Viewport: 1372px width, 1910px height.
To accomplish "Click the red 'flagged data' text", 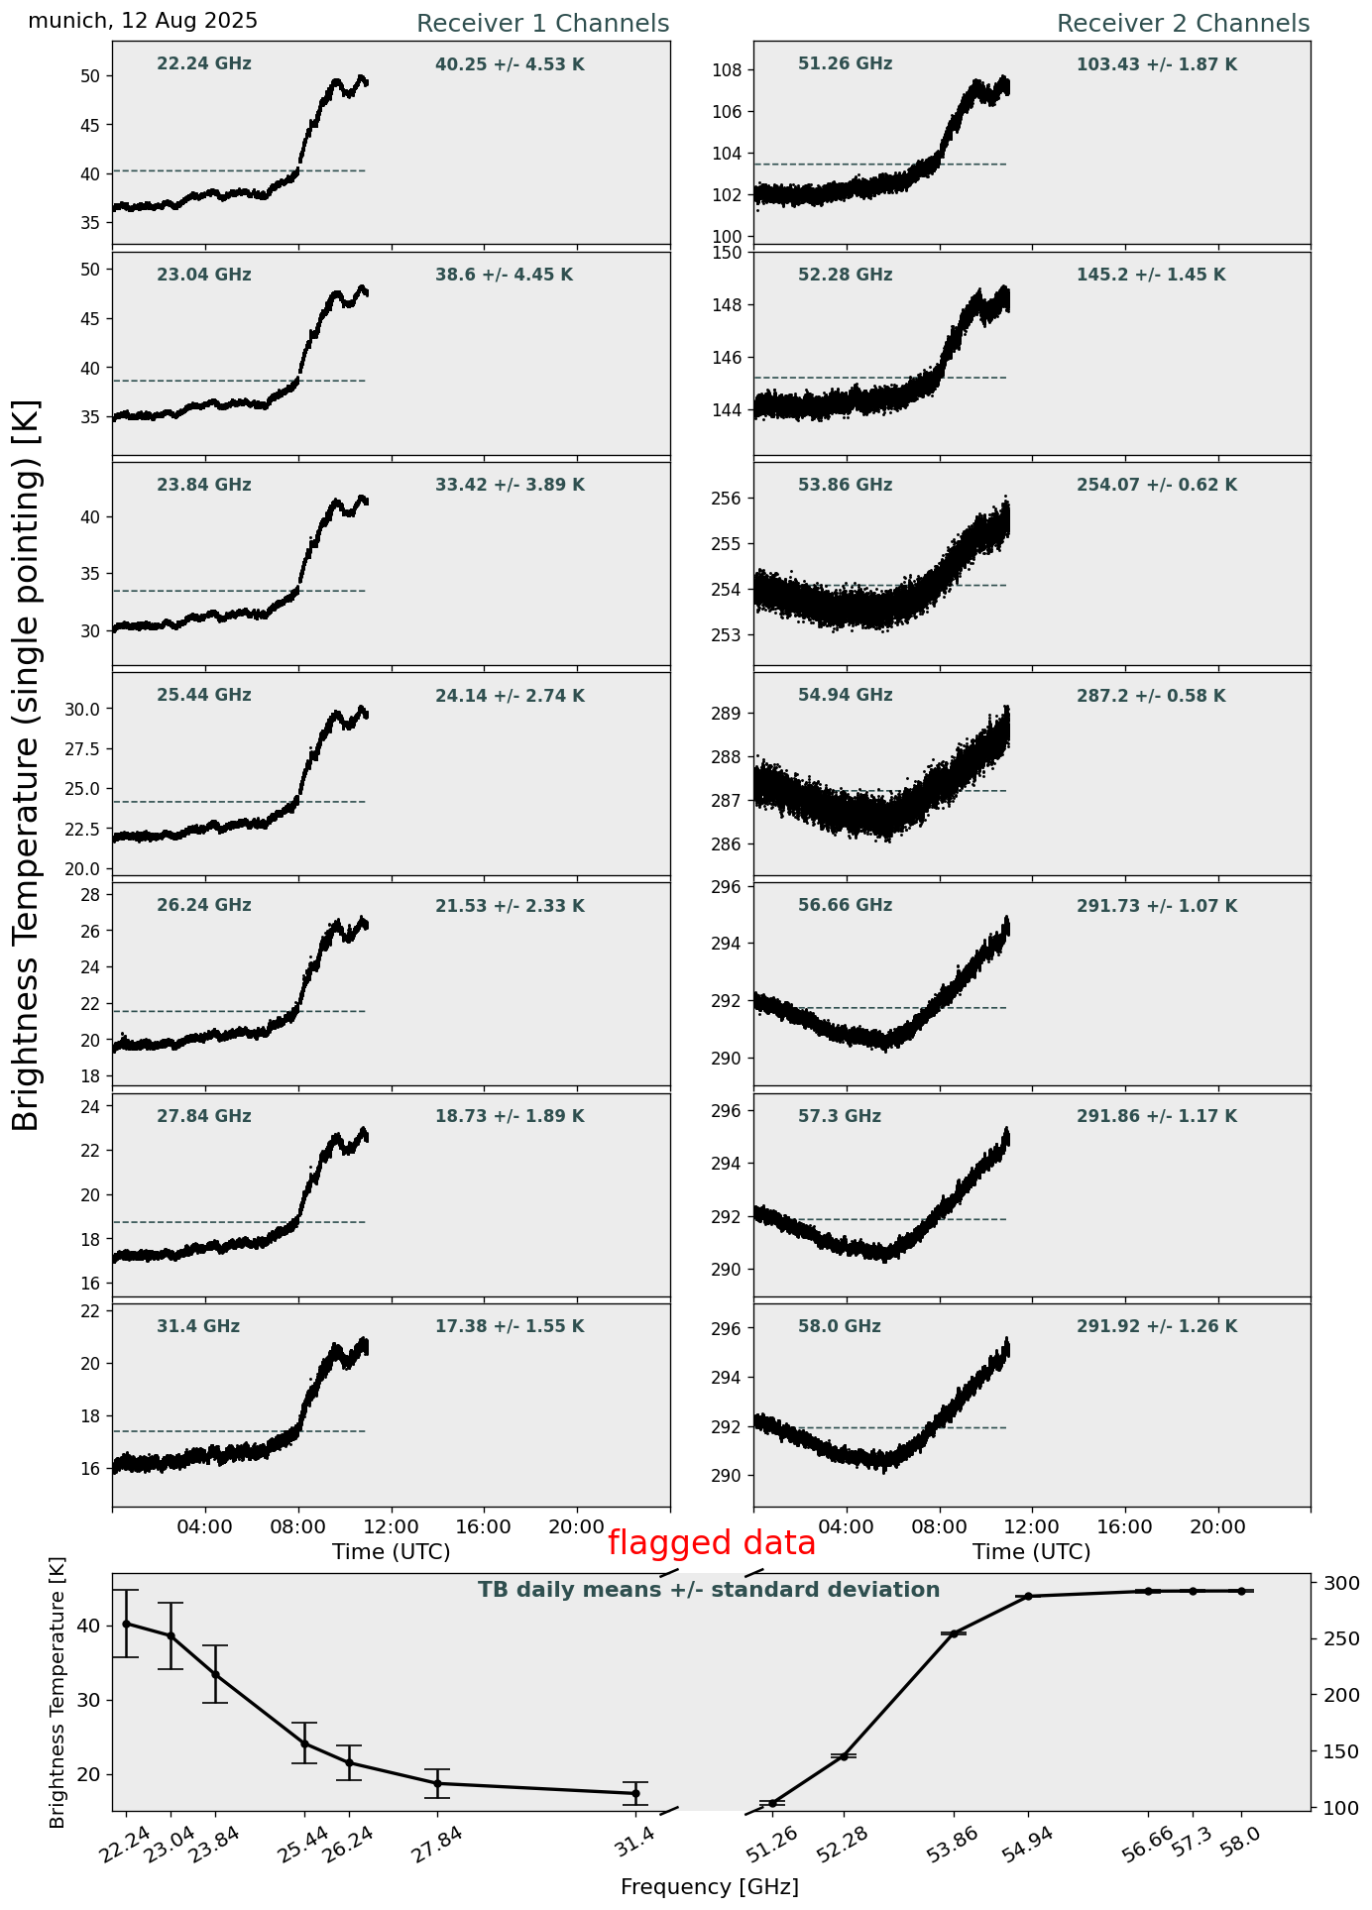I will click(x=711, y=1543).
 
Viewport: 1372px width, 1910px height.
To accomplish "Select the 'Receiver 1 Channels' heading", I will click(x=542, y=24).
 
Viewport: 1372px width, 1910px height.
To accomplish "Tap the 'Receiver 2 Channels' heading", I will click(x=1183, y=24).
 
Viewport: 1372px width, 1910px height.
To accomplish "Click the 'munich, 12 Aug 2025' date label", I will click(x=143, y=21).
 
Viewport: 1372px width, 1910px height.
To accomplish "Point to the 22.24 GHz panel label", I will click(x=204, y=64).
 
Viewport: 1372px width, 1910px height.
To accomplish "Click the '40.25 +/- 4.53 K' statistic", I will click(x=510, y=65).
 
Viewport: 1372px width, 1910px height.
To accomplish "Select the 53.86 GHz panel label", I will click(x=845, y=486).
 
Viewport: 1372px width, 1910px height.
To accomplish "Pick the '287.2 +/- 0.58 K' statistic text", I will click(x=1151, y=697).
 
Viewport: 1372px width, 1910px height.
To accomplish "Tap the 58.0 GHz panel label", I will click(x=839, y=1327).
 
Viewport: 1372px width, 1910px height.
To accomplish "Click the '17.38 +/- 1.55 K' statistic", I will click(x=510, y=1327).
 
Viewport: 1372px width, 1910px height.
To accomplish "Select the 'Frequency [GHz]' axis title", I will click(x=709, y=1887).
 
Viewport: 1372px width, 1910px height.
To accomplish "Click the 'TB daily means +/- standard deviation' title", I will click(x=709, y=1590).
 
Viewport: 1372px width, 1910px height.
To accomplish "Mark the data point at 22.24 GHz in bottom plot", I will click(x=126, y=1624).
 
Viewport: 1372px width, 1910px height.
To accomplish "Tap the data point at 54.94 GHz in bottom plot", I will click(x=1028, y=1596).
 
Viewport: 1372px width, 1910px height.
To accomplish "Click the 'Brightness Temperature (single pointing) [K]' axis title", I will click(x=27, y=764).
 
